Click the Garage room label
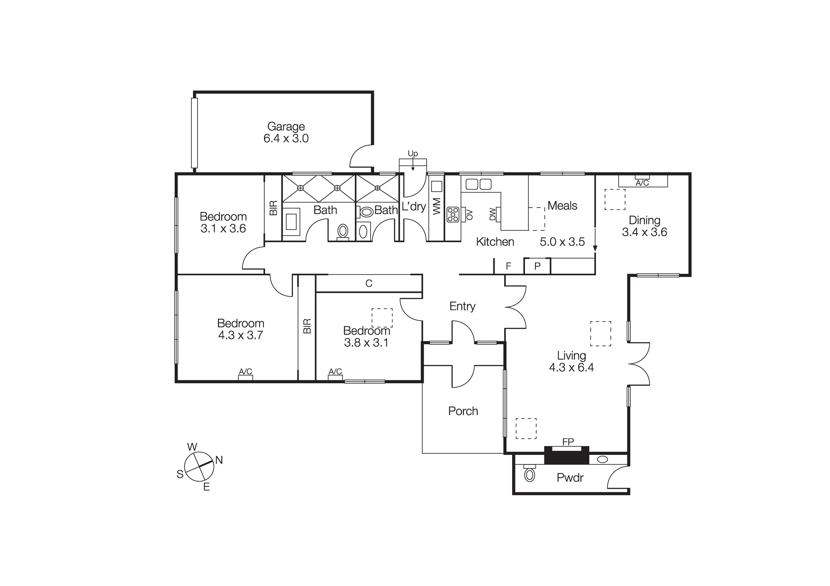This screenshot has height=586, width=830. (286, 126)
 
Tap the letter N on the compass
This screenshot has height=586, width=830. (219, 460)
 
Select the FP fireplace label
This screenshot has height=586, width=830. (568, 442)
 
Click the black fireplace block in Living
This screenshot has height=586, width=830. (566, 457)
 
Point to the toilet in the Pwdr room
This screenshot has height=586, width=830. (530, 474)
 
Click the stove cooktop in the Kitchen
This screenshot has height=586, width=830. (453, 214)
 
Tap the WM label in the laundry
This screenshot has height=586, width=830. (436, 206)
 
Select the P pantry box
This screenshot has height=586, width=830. (537, 266)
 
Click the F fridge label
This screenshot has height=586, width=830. (508, 266)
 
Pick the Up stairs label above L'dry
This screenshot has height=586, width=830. (413, 154)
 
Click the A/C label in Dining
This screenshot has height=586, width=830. (642, 183)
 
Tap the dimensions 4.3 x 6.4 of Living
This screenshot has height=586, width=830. (571, 367)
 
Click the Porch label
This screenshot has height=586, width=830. (463, 411)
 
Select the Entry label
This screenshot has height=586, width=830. (462, 306)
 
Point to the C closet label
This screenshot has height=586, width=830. (369, 283)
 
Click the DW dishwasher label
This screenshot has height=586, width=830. (493, 214)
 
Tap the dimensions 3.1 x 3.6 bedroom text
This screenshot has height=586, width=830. (223, 229)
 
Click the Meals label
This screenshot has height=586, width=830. (562, 206)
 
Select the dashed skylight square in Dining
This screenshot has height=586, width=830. (615, 199)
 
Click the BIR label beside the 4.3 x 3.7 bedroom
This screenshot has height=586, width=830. (307, 326)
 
